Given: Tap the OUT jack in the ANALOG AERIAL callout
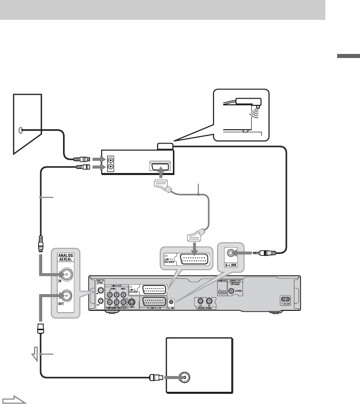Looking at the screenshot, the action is tap(67, 297).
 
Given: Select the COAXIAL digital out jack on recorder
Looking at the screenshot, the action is tap(233, 292).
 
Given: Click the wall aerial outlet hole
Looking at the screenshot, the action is tap(20, 130).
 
